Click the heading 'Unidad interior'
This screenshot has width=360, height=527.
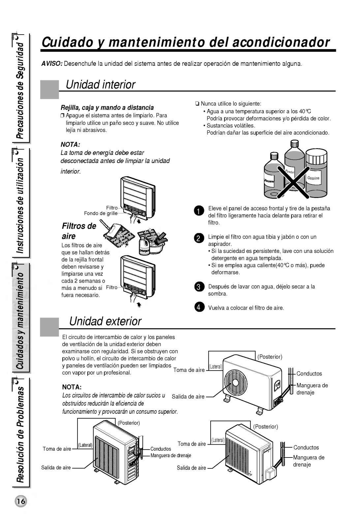click(x=100, y=85)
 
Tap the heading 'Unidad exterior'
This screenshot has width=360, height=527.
click(x=105, y=321)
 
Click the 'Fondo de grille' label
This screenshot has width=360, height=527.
click(x=101, y=213)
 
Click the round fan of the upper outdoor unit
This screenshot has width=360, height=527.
click(x=236, y=382)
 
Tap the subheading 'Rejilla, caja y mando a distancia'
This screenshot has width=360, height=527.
click(x=107, y=108)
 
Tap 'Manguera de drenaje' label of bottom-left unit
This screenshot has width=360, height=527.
click(x=171, y=456)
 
